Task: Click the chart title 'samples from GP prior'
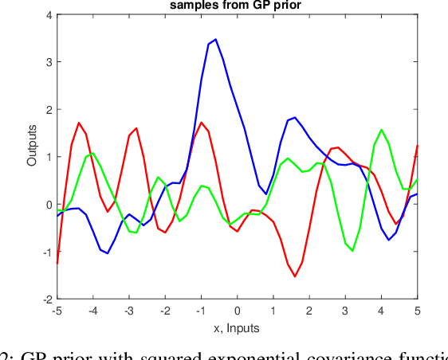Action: pyautogui.click(x=237, y=6)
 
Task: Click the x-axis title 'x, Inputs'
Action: pyautogui.click(x=237, y=327)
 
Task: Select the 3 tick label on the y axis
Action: pyautogui.click(x=49, y=62)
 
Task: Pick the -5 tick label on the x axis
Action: pyautogui.click(x=57, y=311)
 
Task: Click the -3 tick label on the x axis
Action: pyautogui.click(x=128, y=311)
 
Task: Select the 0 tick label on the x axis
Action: pyautogui.click(x=238, y=311)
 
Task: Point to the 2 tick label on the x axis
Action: pyautogui.click(x=309, y=311)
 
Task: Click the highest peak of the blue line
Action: pyautogui.click(x=215, y=39)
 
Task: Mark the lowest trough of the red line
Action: pyautogui.click(x=295, y=276)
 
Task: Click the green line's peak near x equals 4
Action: pyautogui.click(x=382, y=130)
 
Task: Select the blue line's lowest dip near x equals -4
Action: pyautogui.click(x=108, y=253)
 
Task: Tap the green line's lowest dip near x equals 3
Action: pyautogui.click(x=352, y=251)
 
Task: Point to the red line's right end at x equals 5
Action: pyautogui.click(x=417, y=146)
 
